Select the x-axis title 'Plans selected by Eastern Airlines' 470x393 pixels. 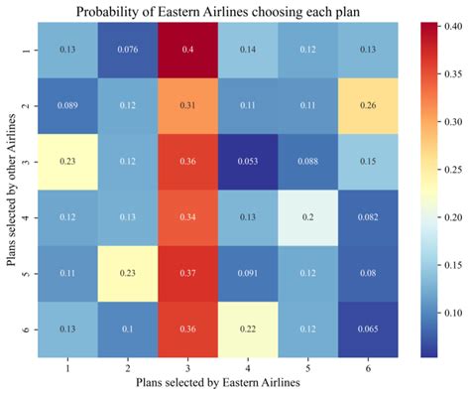[x=211, y=381]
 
